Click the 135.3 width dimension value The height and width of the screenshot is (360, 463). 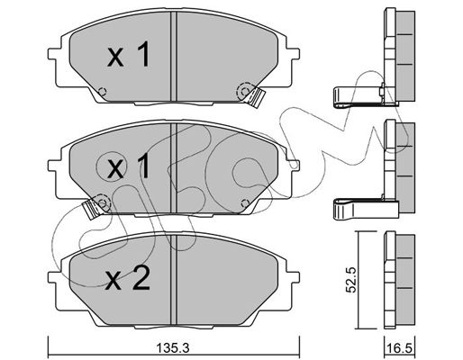point(173,348)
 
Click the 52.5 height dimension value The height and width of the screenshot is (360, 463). point(350,280)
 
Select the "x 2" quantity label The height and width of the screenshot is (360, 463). point(128,278)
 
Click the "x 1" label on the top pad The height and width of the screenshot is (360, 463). point(129,55)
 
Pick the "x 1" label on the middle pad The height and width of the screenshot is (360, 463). point(129,166)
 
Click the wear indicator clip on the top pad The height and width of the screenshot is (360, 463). point(257,96)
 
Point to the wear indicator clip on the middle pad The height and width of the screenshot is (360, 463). point(91,208)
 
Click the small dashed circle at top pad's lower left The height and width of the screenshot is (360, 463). point(103,91)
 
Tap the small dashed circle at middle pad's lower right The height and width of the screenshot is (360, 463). point(245,202)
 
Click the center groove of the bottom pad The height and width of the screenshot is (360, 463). point(174,280)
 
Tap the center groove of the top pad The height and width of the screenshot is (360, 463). point(174,57)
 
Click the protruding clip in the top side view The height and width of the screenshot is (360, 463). point(359,96)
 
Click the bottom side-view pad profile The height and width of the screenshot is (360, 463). point(399,280)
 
